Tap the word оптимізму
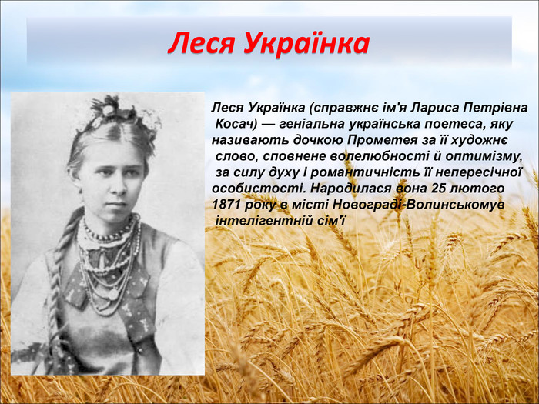484,156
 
